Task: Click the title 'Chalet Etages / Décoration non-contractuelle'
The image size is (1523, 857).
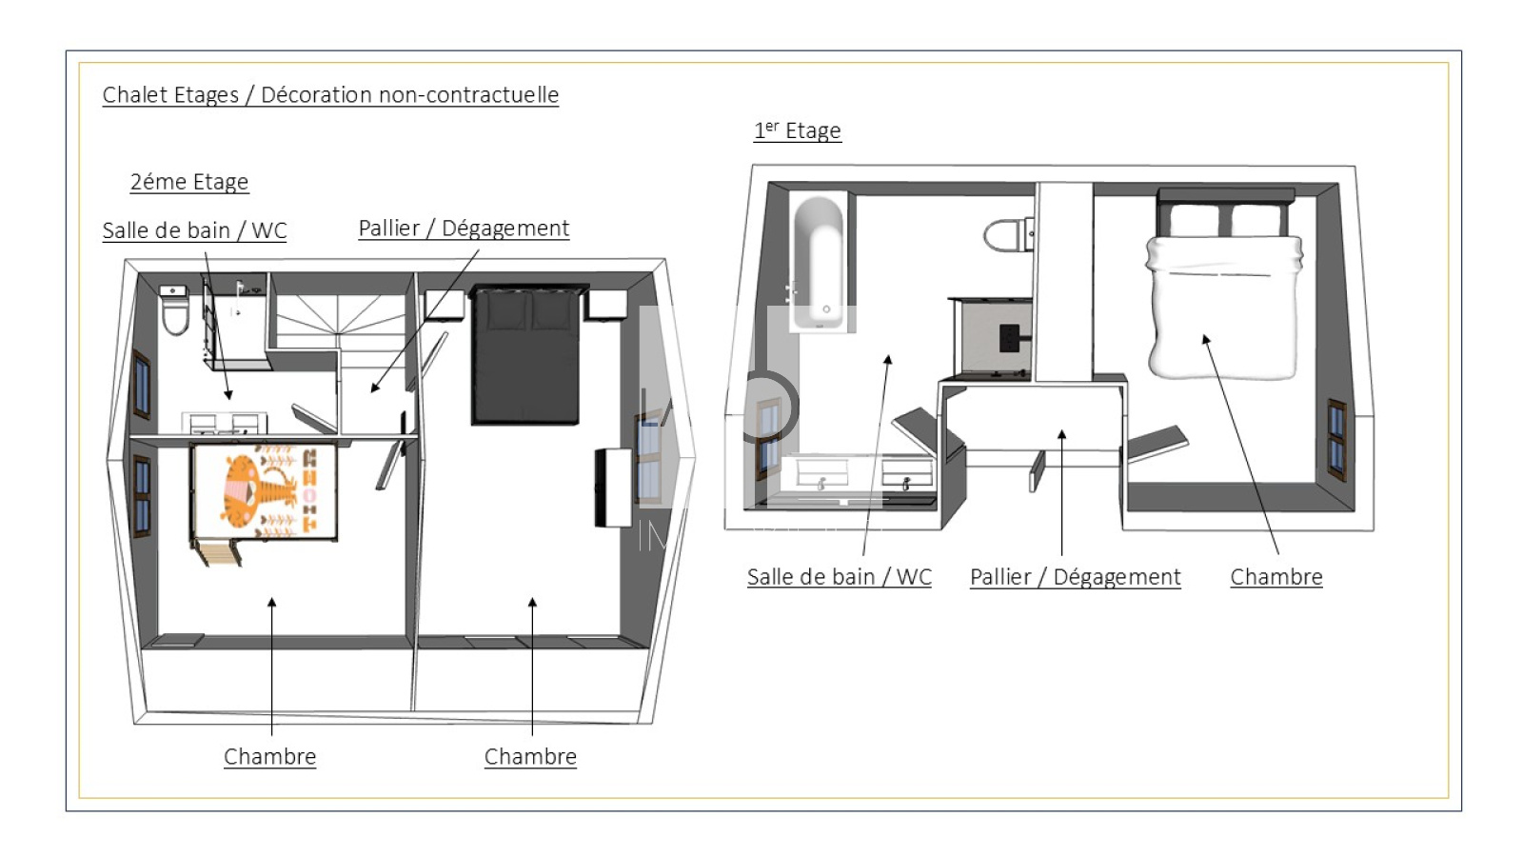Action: click(330, 95)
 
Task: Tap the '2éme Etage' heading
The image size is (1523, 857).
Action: click(189, 182)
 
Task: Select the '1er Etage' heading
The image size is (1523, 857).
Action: click(798, 130)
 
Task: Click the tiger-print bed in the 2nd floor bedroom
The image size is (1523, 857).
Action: click(265, 491)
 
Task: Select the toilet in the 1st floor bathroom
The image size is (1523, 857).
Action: click(1009, 234)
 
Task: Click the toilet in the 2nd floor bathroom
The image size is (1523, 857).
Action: click(175, 310)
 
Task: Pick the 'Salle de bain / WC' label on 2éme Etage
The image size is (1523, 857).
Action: click(194, 230)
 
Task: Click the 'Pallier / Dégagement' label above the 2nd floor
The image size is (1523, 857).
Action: click(464, 229)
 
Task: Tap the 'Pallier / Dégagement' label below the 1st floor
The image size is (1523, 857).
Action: click(1075, 577)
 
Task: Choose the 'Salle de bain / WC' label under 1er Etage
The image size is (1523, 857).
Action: click(839, 577)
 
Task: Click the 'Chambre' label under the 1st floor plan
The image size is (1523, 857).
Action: click(1276, 577)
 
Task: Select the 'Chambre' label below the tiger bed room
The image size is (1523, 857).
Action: click(270, 757)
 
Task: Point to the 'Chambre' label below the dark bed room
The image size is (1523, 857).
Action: click(530, 757)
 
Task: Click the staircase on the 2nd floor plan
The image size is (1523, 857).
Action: click(339, 321)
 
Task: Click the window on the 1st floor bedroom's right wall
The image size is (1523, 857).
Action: click(1336, 440)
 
